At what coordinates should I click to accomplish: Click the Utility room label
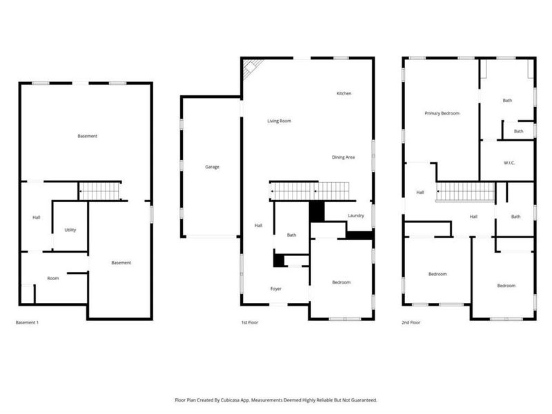click(x=70, y=230)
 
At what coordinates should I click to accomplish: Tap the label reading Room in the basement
click(x=53, y=278)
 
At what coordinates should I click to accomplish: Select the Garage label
click(x=212, y=166)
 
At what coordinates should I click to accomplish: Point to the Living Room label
click(x=279, y=121)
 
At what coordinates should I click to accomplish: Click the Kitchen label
click(x=344, y=93)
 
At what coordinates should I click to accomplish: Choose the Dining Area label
click(x=343, y=157)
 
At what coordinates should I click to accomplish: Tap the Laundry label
click(x=356, y=216)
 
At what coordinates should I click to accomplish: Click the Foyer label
click(x=275, y=288)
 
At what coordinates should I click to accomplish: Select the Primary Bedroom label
click(x=442, y=113)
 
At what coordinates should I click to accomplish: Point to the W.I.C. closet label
click(x=509, y=163)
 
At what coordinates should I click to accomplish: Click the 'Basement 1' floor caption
click(x=27, y=322)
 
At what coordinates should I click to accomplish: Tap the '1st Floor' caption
click(x=249, y=322)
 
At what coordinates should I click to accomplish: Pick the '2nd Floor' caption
click(x=411, y=322)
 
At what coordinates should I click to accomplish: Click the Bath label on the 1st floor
click(x=292, y=235)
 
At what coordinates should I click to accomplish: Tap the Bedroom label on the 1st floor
click(x=341, y=282)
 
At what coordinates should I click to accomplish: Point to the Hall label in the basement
click(x=37, y=218)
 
